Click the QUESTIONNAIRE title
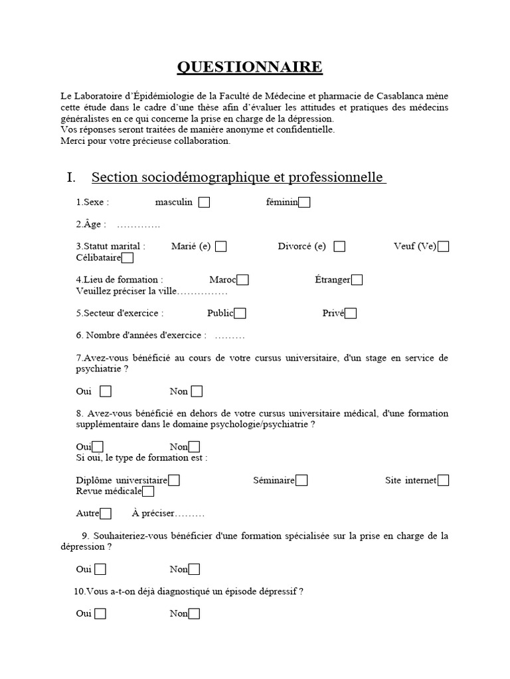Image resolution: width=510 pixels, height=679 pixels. (250, 67)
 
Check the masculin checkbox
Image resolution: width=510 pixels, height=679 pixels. (205, 203)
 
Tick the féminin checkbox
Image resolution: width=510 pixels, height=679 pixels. (304, 203)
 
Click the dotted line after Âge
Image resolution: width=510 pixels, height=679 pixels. (139, 225)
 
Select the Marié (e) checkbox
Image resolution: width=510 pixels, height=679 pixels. (221, 247)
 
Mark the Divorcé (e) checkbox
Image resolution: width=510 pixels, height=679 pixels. (339, 247)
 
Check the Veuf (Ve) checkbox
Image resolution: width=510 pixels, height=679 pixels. (444, 247)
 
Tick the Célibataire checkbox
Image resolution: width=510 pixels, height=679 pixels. (127, 257)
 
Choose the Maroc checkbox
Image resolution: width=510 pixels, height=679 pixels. (243, 280)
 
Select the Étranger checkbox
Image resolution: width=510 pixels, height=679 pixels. (357, 280)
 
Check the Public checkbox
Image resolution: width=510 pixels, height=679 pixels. (240, 314)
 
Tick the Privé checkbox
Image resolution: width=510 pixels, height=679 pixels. (351, 314)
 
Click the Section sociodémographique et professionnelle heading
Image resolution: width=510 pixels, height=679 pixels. (238, 178)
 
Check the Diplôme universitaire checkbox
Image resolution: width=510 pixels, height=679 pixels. (174, 480)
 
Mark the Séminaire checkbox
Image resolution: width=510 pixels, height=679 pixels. (301, 480)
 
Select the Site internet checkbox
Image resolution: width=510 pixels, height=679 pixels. (444, 480)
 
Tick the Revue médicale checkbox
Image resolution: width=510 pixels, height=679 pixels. (148, 491)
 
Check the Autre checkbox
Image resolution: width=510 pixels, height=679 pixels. (106, 513)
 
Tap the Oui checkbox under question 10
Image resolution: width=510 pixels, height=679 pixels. (100, 614)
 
